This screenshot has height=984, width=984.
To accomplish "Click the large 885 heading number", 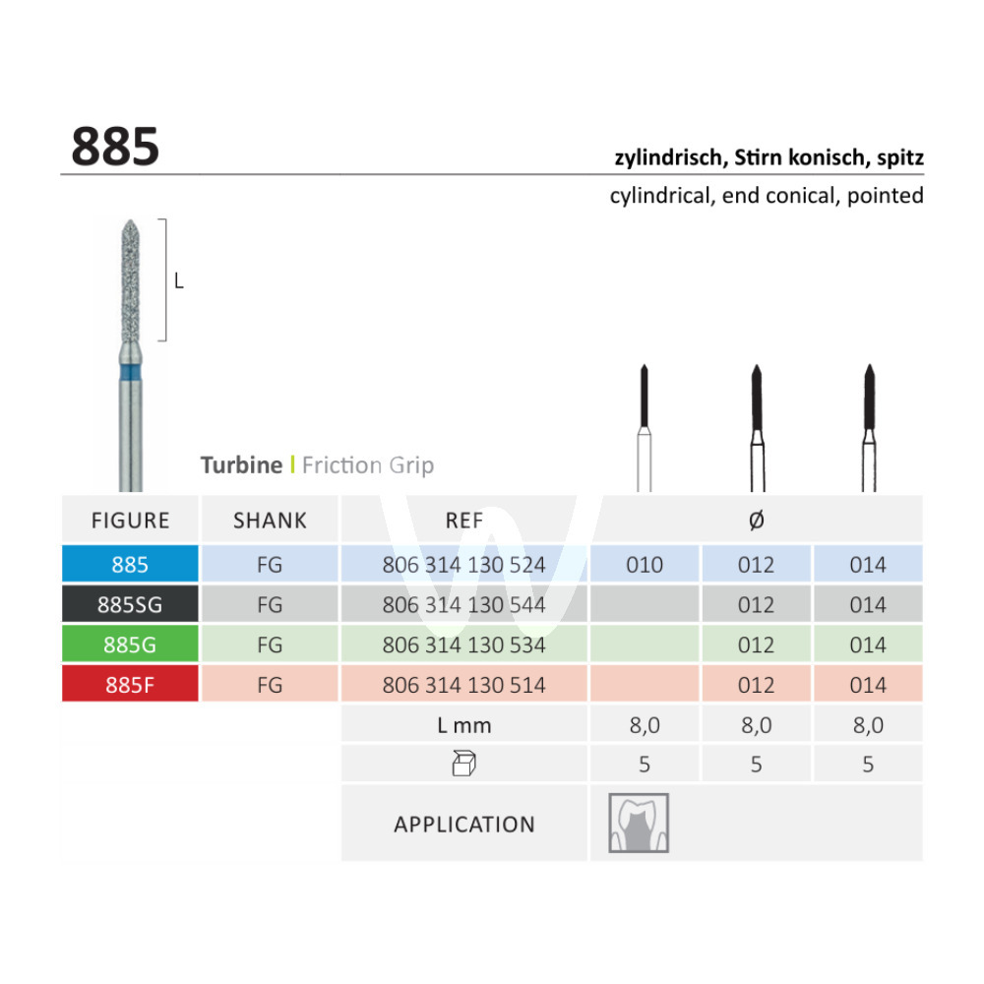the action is (115, 147).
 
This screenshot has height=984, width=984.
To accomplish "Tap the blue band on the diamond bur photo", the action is (131, 373).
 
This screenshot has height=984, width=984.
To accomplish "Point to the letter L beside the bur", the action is (179, 281).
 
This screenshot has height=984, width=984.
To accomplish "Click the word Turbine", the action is (242, 465).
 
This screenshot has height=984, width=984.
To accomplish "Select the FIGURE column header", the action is (131, 521).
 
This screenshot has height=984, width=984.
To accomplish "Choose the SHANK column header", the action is (270, 521).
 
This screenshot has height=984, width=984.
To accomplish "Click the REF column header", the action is (464, 521).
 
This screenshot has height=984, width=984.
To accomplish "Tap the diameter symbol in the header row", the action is (756, 520).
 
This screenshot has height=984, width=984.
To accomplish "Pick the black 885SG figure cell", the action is (130, 604).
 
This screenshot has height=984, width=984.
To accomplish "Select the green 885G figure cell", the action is (130, 645).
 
